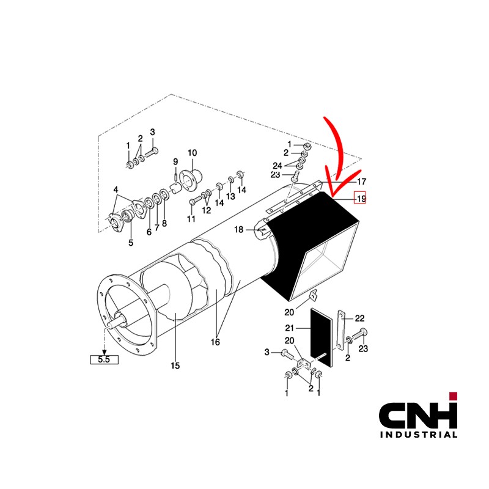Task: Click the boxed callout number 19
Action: tap(361, 198)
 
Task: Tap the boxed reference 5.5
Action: tap(104, 359)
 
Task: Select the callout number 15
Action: tap(175, 366)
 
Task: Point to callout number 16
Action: tap(215, 342)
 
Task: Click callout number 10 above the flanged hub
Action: tap(193, 153)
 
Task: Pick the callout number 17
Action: tap(361, 182)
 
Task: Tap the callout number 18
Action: tap(238, 230)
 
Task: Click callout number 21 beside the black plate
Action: tap(289, 328)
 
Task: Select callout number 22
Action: tap(359, 318)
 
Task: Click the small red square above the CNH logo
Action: tap(453, 396)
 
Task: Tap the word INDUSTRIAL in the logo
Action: tap(419, 435)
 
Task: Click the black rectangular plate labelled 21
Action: tap(322, 337)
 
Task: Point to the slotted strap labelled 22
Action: tap(341, 329)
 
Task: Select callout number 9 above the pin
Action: tap(175, 162)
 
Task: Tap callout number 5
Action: tap(131, 242)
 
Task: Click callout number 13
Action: tap(230, 196)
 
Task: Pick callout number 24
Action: tap(278, 166)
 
